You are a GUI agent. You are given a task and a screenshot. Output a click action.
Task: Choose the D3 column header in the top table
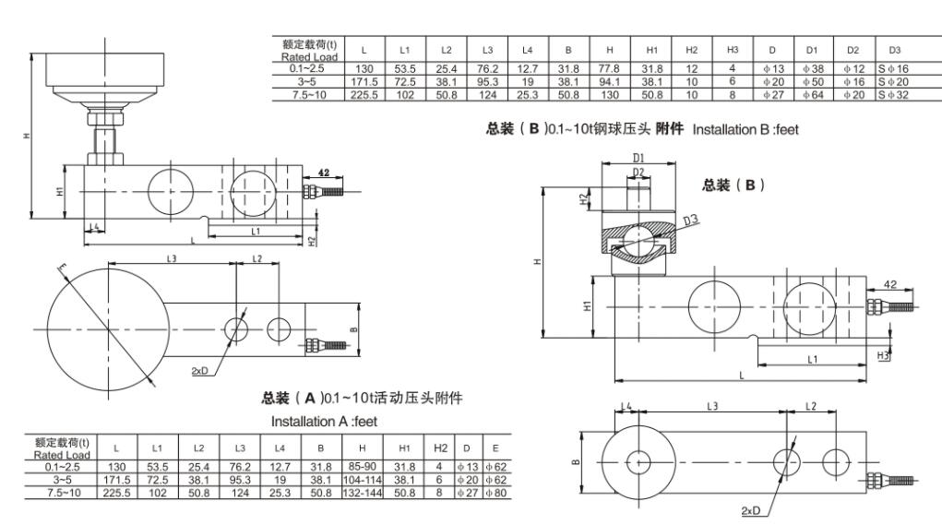tap(893, 49)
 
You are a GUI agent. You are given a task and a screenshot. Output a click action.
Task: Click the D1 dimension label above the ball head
tap(638, 158)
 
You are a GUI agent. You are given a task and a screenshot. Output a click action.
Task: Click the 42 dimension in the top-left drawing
tap(322, 173)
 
